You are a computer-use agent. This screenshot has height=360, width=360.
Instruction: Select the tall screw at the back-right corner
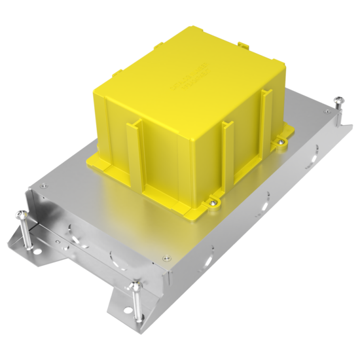point(338,100)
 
